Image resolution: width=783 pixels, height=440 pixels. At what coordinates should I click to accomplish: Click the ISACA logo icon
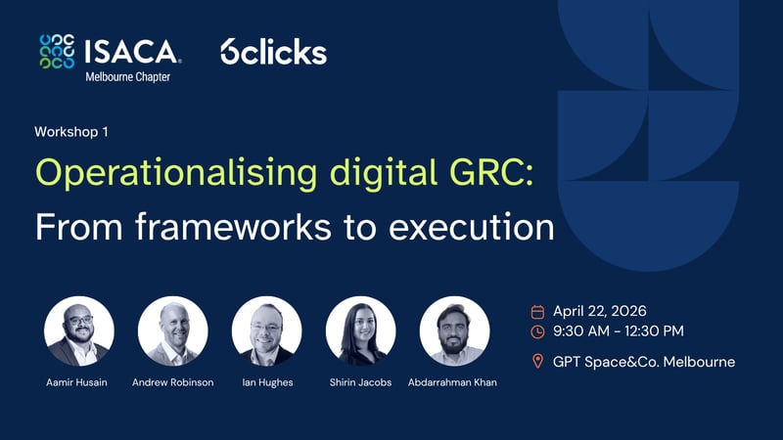[x=57, y=51]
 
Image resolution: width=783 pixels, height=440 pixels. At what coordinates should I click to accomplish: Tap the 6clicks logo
[x=273, y=52]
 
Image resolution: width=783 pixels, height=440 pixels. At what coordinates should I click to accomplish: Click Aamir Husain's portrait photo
[x=79, y=331]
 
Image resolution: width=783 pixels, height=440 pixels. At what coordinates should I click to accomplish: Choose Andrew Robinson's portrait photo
[x=173, y=331]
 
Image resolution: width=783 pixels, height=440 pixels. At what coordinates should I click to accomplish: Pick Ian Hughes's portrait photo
[x=267, y=331]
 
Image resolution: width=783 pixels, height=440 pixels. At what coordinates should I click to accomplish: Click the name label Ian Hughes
[x=267, y=382]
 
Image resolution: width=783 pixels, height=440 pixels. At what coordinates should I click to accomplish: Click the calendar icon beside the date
[x=537, y=312]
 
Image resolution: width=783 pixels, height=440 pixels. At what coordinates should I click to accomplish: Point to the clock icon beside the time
[x=537, y=331]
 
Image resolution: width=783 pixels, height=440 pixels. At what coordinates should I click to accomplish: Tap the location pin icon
[x=537, y=362]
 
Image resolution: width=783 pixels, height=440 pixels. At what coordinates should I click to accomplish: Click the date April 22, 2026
[x=599, y=311]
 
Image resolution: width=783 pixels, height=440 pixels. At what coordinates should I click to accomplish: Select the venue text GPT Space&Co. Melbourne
[x=643, y=362]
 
